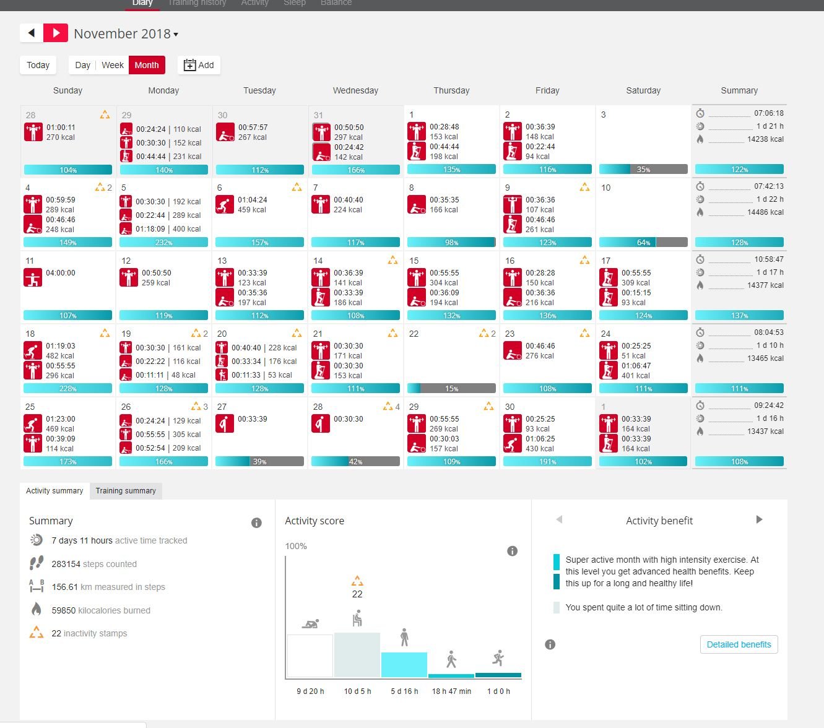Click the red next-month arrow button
tap(56, 33)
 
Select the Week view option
tap(113, 65)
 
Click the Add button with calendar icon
tap(199, 65)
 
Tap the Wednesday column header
tap(355, 90)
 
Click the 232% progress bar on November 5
tap(163, 243)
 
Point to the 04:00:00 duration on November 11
tap(61, 273)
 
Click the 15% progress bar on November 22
tap(451, 389)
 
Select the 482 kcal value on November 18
tap(60, 356)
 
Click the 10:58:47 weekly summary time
tap(768, 259)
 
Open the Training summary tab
tap(126, 491)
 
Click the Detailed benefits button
tap(739, 644)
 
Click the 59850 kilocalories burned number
tap(64, 610)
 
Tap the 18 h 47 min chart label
tap(451, 691)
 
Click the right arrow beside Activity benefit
tap(759, 520)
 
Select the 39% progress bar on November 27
tap(259, 462)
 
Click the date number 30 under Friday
tap(510, 407)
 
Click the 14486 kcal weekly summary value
tap(765, 212)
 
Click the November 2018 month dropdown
tap(126, 34)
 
